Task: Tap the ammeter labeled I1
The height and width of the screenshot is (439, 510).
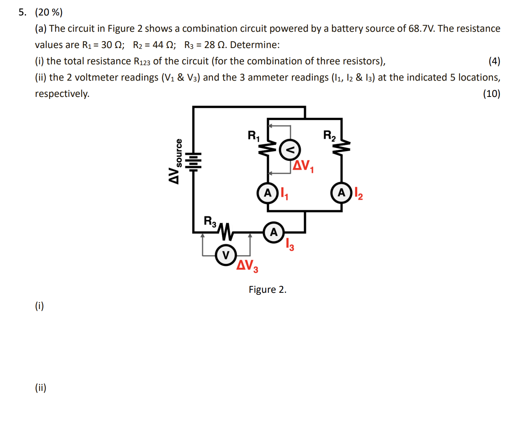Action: coord(267,193)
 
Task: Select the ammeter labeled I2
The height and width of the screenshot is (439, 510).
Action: coord(341,193)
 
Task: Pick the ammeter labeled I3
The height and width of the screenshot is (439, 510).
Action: coord(274,232)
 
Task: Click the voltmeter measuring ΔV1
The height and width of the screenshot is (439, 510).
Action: coord(290,150)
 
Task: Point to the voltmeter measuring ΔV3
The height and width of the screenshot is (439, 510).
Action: coord(226,255)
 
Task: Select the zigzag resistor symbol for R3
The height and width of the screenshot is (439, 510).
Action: coord(226,232)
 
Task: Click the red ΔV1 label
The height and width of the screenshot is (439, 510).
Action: coord(303,166)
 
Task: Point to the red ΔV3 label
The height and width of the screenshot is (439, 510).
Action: coord(247,266)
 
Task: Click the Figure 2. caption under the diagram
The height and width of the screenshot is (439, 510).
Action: coord(268,290)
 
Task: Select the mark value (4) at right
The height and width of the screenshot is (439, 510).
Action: coord(494,61)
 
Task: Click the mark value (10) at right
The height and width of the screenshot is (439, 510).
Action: coord(491,94)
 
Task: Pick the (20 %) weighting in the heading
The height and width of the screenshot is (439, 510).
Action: coord(49,12)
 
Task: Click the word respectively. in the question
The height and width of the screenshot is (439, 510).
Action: coord(62,94)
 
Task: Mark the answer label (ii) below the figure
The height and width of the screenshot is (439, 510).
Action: coord(40,387)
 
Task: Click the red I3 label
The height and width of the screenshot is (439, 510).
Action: coord(290,244)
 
